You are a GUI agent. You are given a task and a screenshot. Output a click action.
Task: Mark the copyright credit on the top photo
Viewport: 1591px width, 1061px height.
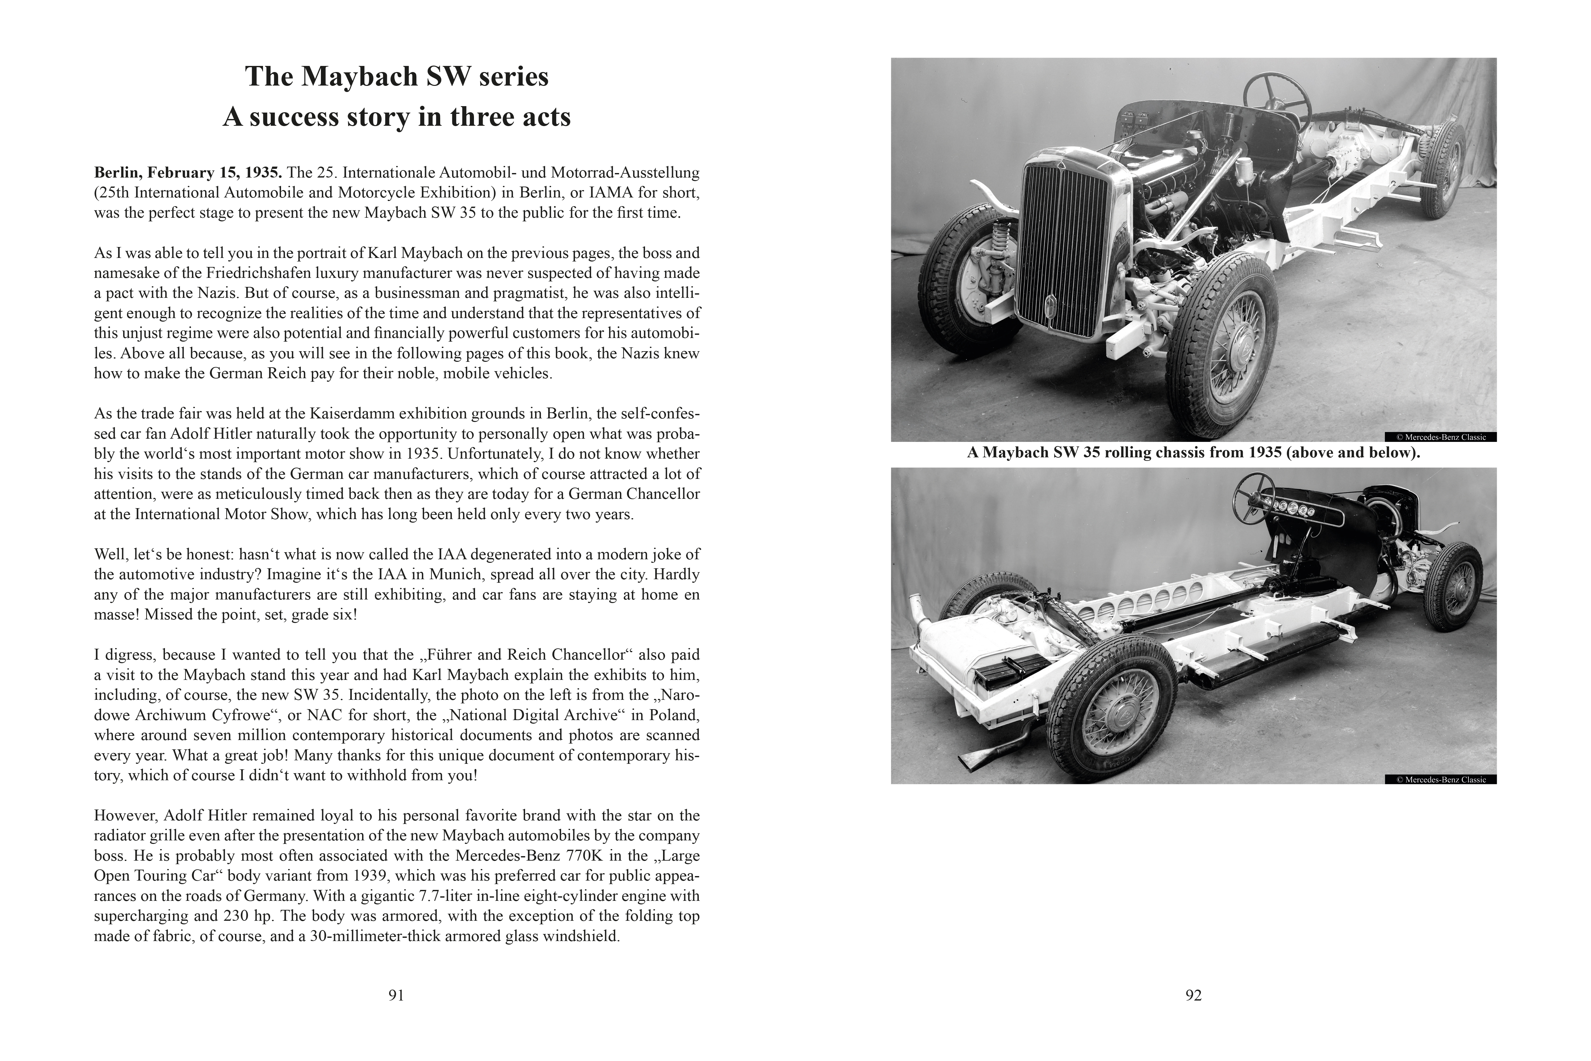1441,437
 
